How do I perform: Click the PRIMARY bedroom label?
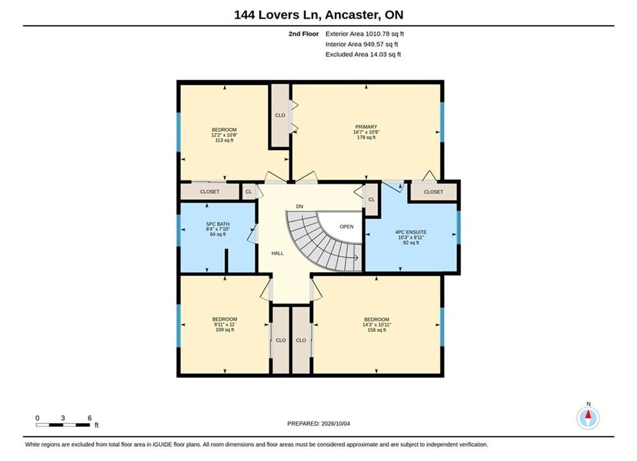click(x=366, y=127)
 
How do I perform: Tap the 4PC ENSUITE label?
click(x=411, y=232)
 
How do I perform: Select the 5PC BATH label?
click(x=218, y=224)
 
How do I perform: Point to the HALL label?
click(x=277, y=253)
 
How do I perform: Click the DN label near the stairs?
click(x=300, y=206)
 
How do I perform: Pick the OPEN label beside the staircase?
click(x=346, y=227)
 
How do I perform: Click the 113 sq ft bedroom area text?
click(x=224, y=140)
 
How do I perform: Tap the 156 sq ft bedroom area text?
click(x=376, y=330)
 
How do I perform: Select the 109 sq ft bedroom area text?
click(x=225, y=329)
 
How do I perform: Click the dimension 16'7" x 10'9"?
click(x=366, y=132)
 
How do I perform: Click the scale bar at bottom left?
click(x=63, y=425)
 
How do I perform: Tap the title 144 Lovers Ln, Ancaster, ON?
click(x=319, y=15)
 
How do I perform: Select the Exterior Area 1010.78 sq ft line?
click(x=364, y=34)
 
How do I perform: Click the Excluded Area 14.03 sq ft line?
click(x=363, y=54)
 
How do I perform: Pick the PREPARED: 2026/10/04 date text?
click(x=319, y=424)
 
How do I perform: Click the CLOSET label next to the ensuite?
click(x=433, y=191)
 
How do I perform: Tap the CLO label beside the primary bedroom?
click(x=280, y=115)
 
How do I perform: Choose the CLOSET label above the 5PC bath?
click(x=209, y=191)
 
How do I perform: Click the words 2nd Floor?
click(x=303, y=34)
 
